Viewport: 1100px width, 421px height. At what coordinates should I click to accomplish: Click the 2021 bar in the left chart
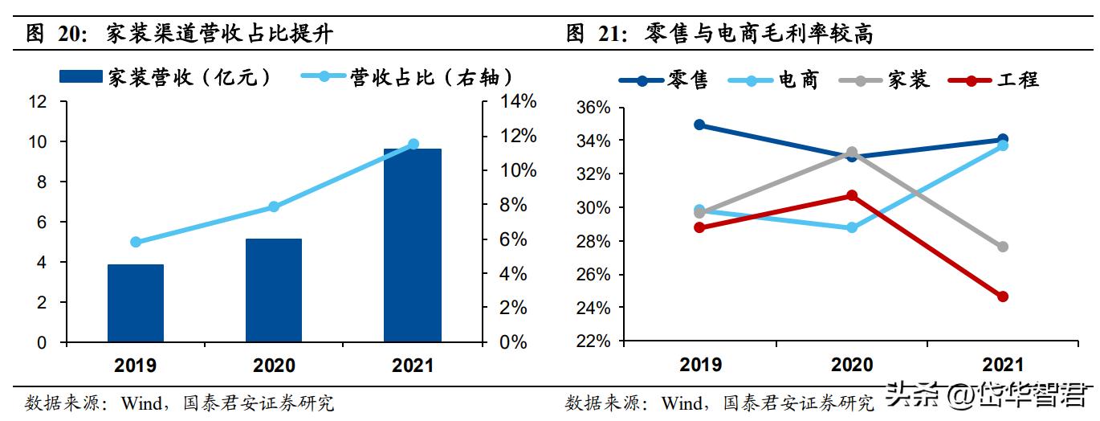click(x=412, y=245)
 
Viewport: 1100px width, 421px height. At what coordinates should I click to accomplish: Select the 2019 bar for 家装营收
click(x=136, y=303)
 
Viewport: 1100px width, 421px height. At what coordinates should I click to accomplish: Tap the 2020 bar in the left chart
click(x=274, y=290)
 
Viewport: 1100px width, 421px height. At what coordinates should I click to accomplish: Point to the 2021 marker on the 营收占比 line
click(x=414, y=144)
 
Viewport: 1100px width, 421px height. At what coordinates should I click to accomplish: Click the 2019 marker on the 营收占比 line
click(x=136, y=242)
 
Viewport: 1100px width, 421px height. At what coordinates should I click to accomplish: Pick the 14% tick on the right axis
click(x=507, y=102)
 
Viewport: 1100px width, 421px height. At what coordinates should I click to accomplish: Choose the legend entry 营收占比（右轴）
click(x=409, y=77)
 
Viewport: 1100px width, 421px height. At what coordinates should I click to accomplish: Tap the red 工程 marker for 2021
click(x=1002, y=296)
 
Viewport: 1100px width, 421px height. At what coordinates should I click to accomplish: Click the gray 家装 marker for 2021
click(x=1002, y=247)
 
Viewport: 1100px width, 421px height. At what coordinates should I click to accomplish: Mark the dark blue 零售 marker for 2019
click(x=699, y=125)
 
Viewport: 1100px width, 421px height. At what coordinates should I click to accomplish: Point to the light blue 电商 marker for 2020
click(x=851, y=227)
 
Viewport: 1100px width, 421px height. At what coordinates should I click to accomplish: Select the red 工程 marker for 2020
click(x=851, y=195)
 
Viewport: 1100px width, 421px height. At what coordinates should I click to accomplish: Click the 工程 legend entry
click(x=996, y=80)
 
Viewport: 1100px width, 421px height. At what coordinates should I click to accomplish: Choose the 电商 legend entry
click(x=774, y=80)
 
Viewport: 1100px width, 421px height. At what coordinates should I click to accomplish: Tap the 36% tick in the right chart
click(x=595, y=108)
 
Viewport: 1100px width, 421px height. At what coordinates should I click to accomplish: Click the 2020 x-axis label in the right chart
click(x=851, y=365)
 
